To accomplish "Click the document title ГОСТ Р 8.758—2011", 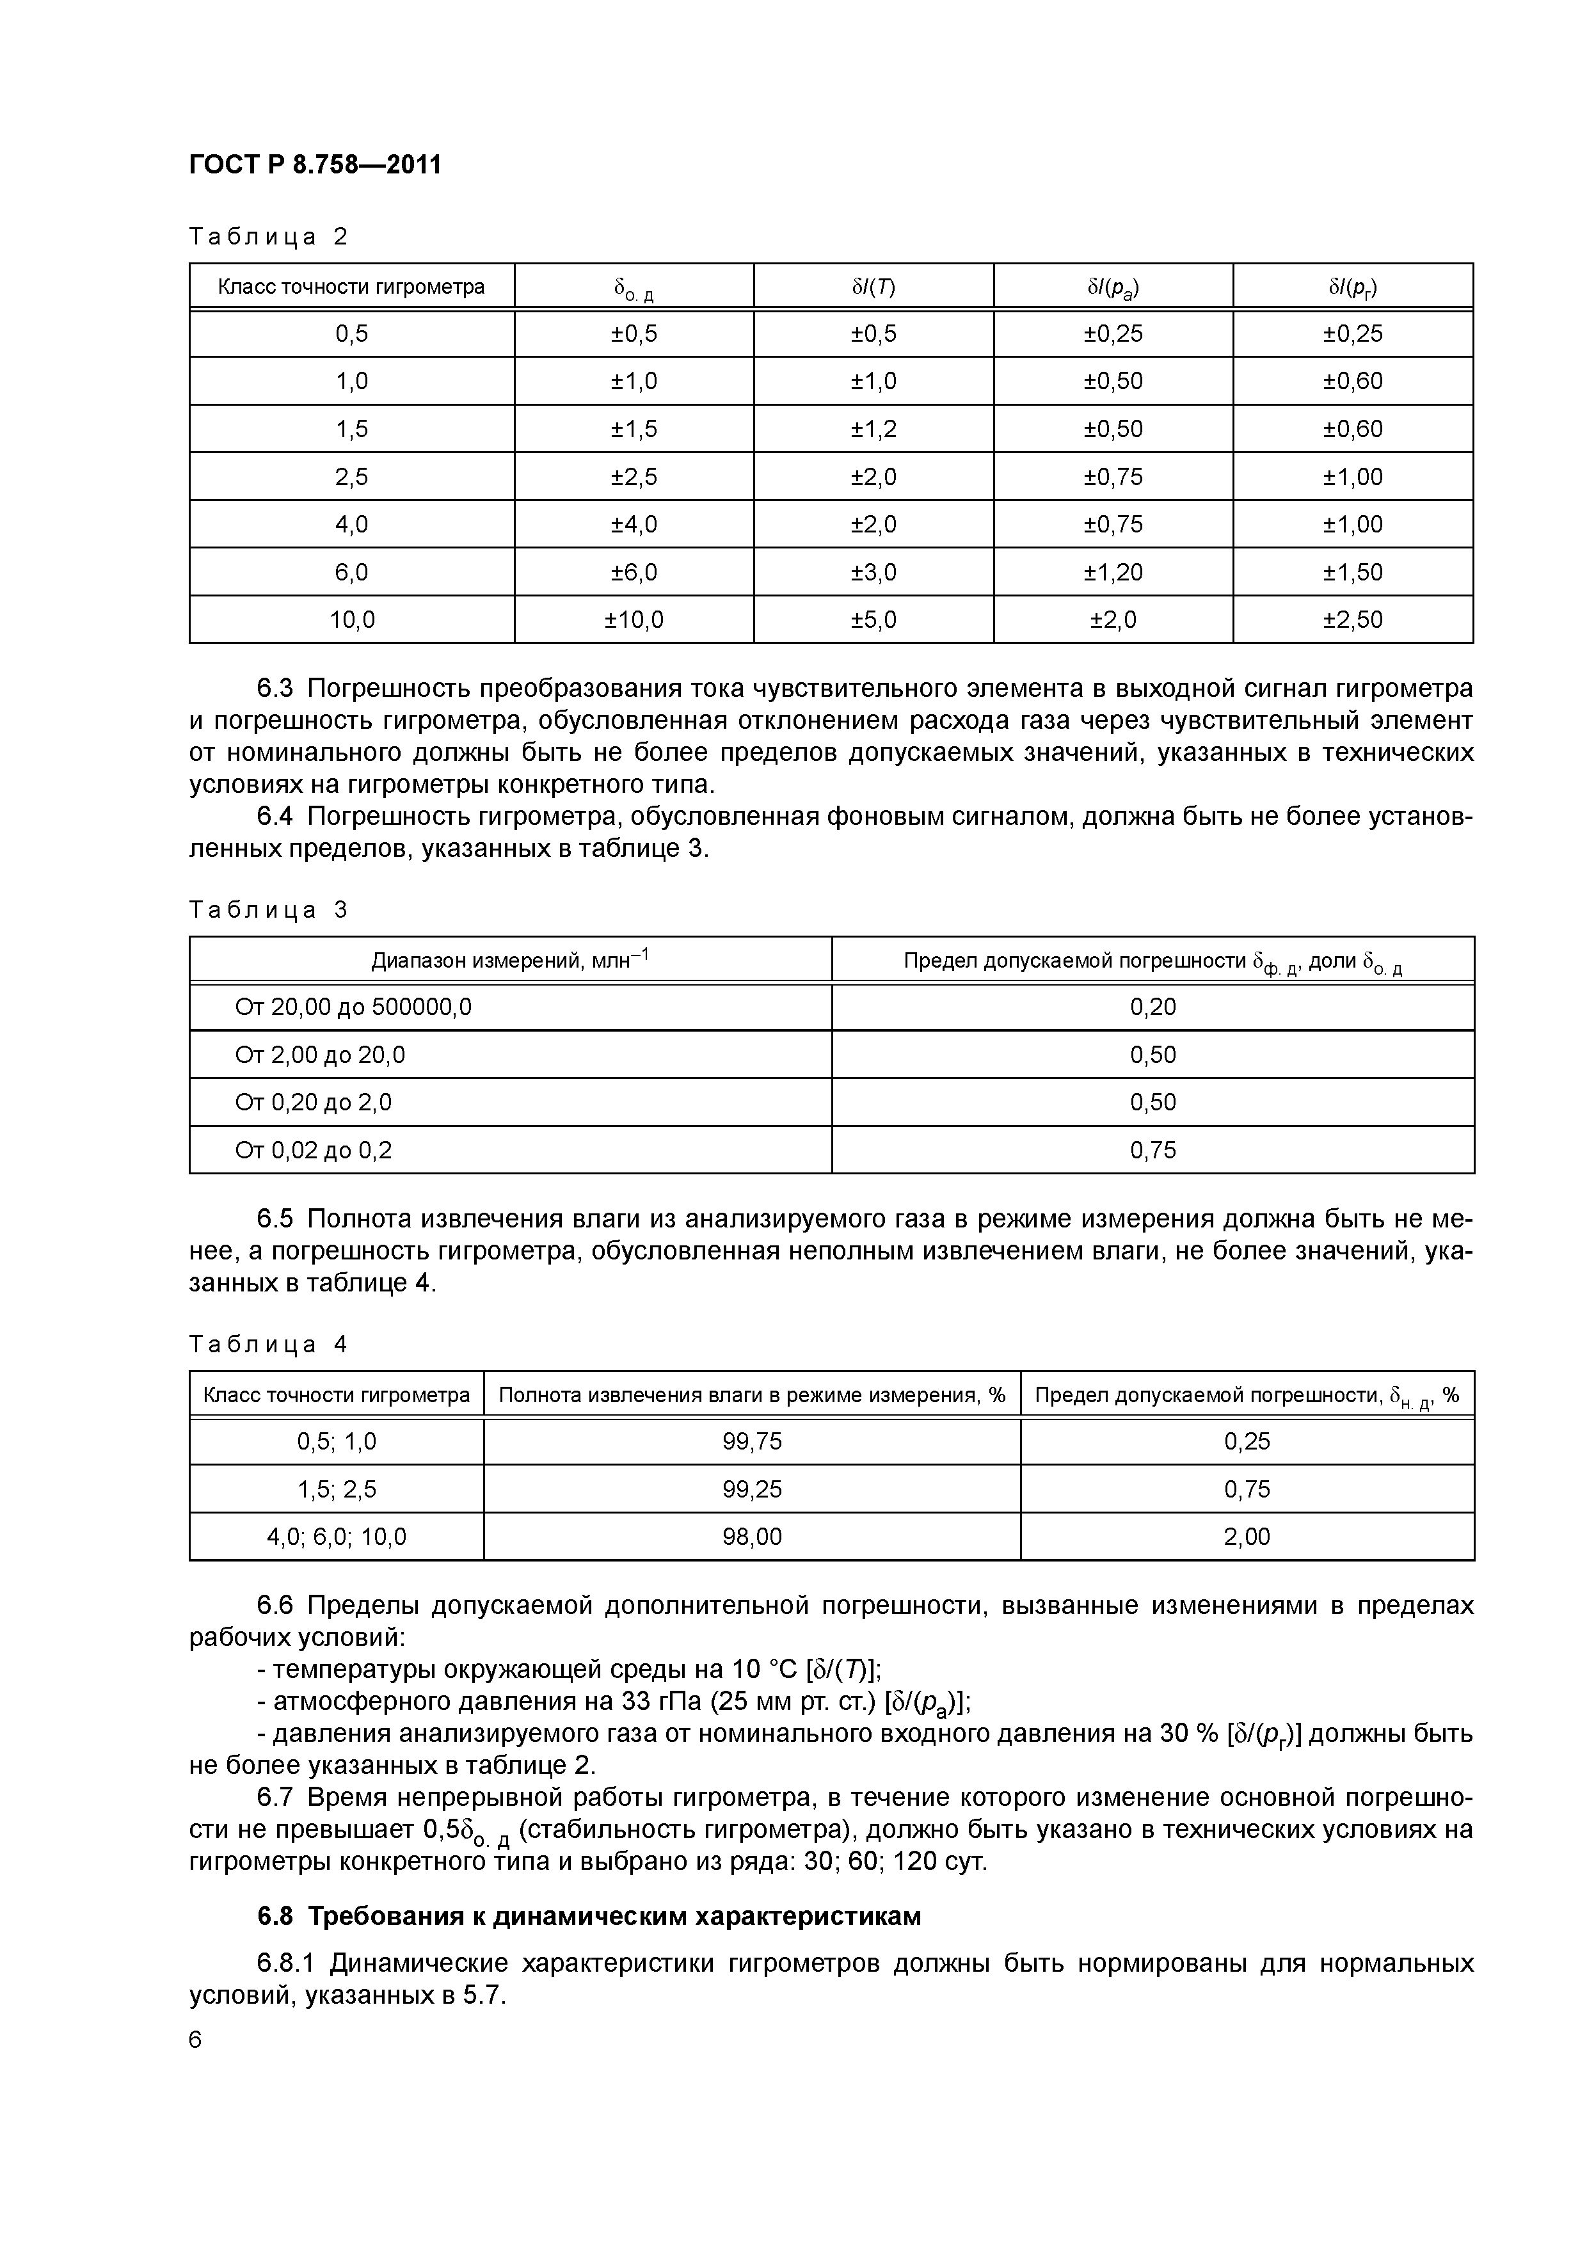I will tap(315, 164).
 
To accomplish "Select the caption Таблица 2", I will tap(268, 237).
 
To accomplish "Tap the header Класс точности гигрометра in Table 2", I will tap(351, 287).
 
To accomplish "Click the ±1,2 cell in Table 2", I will tap(873, 428).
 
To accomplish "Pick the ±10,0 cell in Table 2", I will tap(634, 619).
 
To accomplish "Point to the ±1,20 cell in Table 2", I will tap(1113, 572).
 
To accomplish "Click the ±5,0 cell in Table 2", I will tap(873, 619).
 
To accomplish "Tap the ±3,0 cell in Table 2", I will tap(873, 572).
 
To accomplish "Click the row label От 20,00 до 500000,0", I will tap(353, 1007).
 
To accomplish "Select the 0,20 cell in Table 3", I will tap(1153, 1007).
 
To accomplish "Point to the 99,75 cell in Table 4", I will tap(752, 1441).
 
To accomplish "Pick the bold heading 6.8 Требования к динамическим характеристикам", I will tap(589, 1917).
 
